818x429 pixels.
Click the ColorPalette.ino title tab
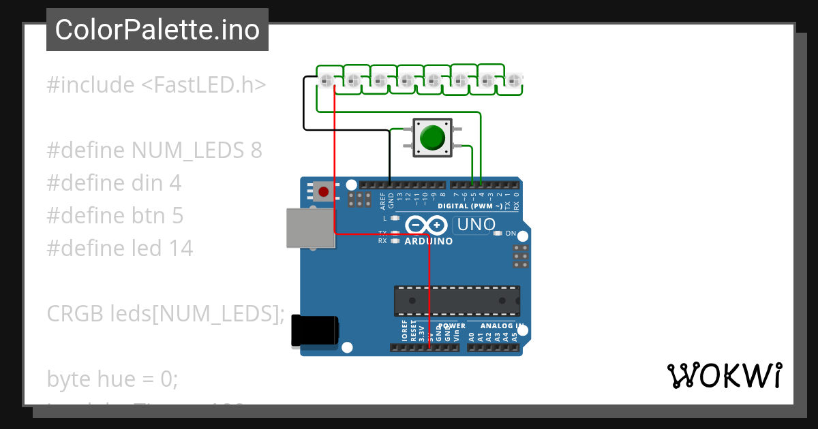(x=157, y=30)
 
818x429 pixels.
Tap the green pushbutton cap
(x=431, y=137)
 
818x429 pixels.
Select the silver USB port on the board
(x=310, y=227)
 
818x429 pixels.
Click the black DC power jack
(x=314, y=331)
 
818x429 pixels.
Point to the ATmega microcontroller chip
(x=456, y=301)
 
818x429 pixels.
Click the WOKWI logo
(x=724, y=375)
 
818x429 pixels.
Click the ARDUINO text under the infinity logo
(x=428, y=241)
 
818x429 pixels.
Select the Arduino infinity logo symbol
(x=426, y=225)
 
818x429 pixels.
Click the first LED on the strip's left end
(x=326, y=81)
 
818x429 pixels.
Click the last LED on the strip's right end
(x=513, y=81)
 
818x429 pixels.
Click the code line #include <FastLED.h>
(x=156, y=85)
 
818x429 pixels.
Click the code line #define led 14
(x=119, y=248)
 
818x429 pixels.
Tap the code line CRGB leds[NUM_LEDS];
(x=165, y=313)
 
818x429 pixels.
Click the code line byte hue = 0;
(x=112, y=379)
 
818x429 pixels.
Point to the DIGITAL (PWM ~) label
(x=470, y=206)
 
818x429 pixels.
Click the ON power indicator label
(x=510, y=234)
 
